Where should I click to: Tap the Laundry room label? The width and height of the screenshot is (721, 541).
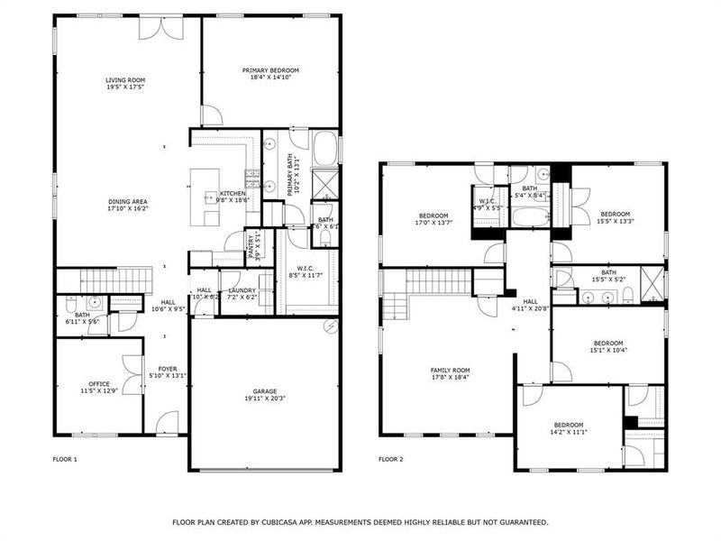242,293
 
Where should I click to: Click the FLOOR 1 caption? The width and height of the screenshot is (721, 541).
65,460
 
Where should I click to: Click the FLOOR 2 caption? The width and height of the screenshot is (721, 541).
390,460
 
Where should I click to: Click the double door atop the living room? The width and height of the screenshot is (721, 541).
152,27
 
